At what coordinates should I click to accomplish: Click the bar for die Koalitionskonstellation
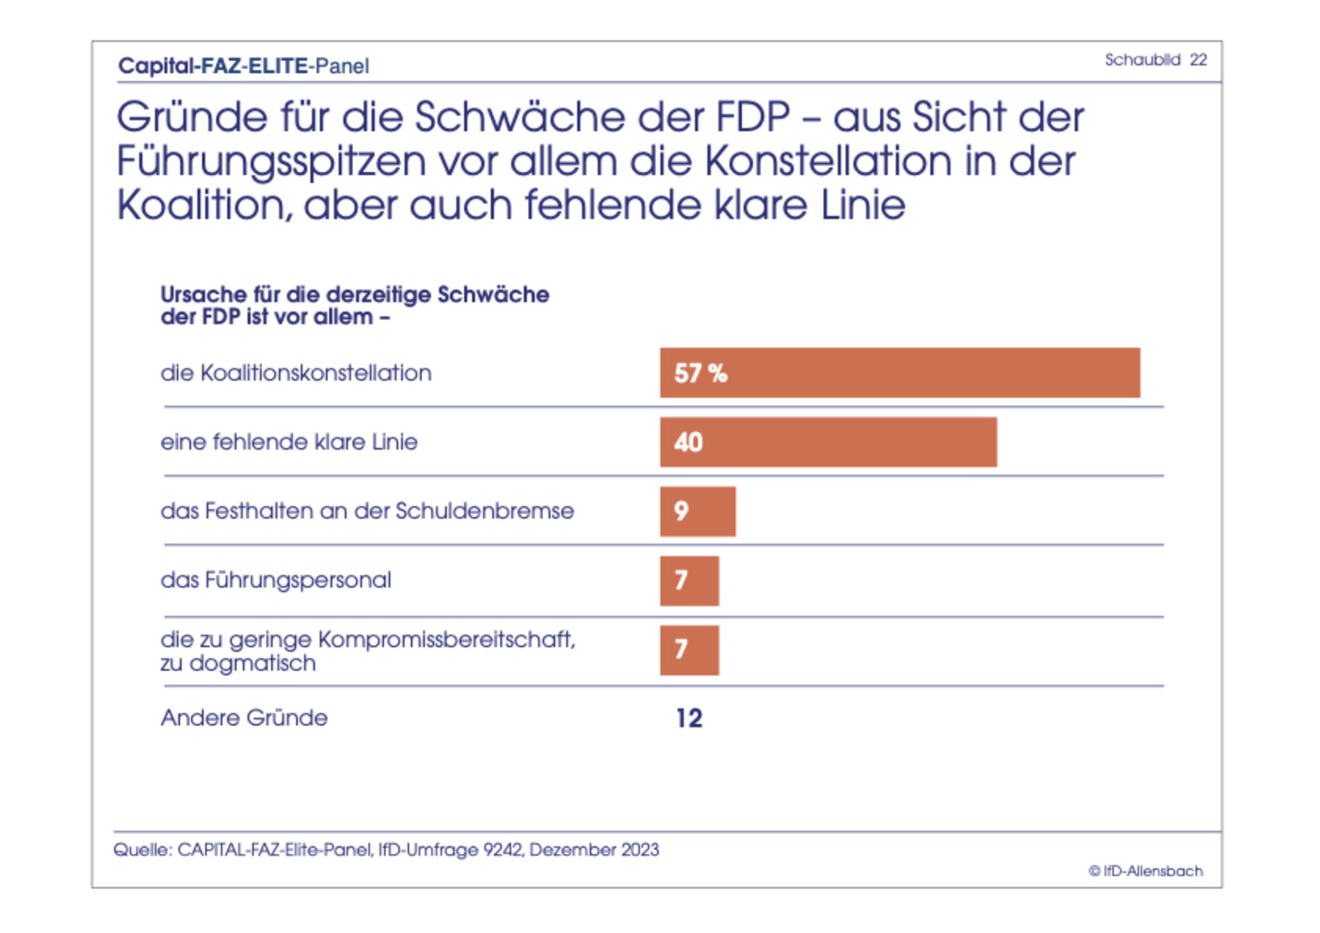(900, 372)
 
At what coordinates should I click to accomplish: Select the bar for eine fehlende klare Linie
(828, 442)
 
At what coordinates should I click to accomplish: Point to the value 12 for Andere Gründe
(689, 718)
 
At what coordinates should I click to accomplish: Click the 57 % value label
(701, 373)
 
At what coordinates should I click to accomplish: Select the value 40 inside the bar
(688, 443)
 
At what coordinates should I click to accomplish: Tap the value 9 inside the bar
(681, 511)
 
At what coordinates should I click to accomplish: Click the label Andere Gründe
(244, 718)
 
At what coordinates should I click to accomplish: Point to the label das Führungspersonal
(276, 580)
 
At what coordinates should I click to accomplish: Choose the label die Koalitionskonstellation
(296, 373)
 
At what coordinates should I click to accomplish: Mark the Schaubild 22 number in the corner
(1198, 60)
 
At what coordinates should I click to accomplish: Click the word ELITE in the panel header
(278, 66)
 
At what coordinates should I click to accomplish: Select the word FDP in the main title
(753, 117)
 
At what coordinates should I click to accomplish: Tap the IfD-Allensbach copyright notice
(1146, 871)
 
